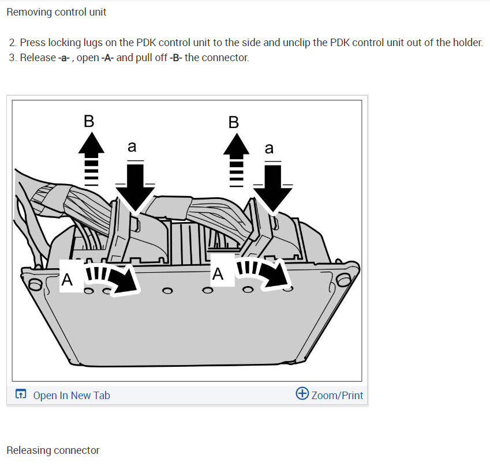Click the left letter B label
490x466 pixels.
pos(89,122)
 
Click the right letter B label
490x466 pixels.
pos(233,122)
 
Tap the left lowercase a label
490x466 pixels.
pos(132,148)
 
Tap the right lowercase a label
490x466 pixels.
pos(269,148)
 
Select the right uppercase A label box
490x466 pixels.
pos(219,273)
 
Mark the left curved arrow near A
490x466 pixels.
pos(114,277)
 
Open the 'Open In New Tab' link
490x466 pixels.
pos(70,395)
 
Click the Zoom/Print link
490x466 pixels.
pos(337,395)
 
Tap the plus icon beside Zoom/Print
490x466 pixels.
pos(302,394)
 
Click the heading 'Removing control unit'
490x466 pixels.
pos(57,12)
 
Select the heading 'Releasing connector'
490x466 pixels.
pos(53,450)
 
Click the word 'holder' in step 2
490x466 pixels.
pos(466,43)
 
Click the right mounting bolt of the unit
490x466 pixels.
pos(344,279)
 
